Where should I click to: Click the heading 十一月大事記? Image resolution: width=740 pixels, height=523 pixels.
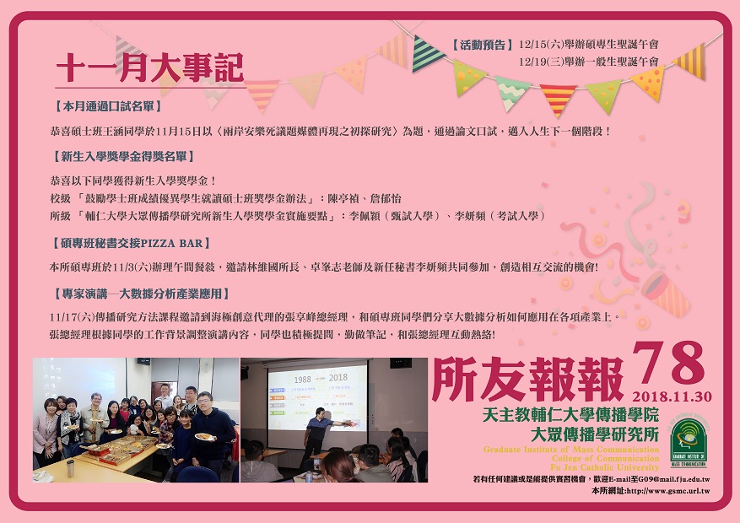(x=149, y=67)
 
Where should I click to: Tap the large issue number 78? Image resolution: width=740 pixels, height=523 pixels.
(x=669, y=363)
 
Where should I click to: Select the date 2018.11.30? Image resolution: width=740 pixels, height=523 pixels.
(x=672, y=396)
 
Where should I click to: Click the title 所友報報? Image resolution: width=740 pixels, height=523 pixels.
(x=528, y=380)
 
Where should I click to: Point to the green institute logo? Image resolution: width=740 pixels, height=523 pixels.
(x=689, y=441)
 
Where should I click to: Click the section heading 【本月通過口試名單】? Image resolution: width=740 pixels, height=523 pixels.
(x=106, y=106)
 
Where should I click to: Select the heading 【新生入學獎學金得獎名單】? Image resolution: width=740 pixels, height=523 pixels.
(x=123, y=157)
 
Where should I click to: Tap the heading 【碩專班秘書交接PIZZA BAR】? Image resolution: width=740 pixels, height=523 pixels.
(x=130, y=243)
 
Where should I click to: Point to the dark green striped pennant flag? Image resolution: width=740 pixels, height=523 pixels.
(x=426, y=54)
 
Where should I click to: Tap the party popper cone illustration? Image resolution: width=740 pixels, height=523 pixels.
(x=666, y=293)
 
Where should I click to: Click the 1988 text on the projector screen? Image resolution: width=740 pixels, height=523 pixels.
(x=303, y=379)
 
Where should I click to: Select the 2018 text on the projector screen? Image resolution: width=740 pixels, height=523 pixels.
(x=338, y=377)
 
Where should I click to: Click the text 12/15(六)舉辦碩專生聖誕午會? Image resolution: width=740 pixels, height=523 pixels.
(x=588, y=45)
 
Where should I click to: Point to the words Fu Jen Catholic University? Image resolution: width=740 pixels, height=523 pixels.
(x=604, y=467)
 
